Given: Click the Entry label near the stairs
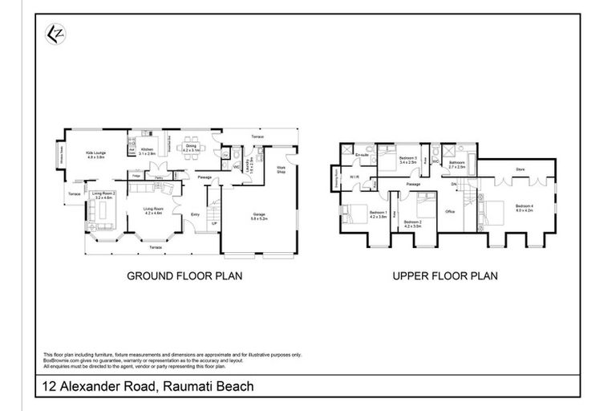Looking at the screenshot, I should (195, 214).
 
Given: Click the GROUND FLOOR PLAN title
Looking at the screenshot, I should (185, 276).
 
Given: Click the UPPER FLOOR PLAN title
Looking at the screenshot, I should (445, 276).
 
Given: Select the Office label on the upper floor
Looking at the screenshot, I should (451, 211).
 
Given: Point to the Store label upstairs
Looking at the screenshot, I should (520, 169).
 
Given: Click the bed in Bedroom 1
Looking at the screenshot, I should (354, 215).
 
